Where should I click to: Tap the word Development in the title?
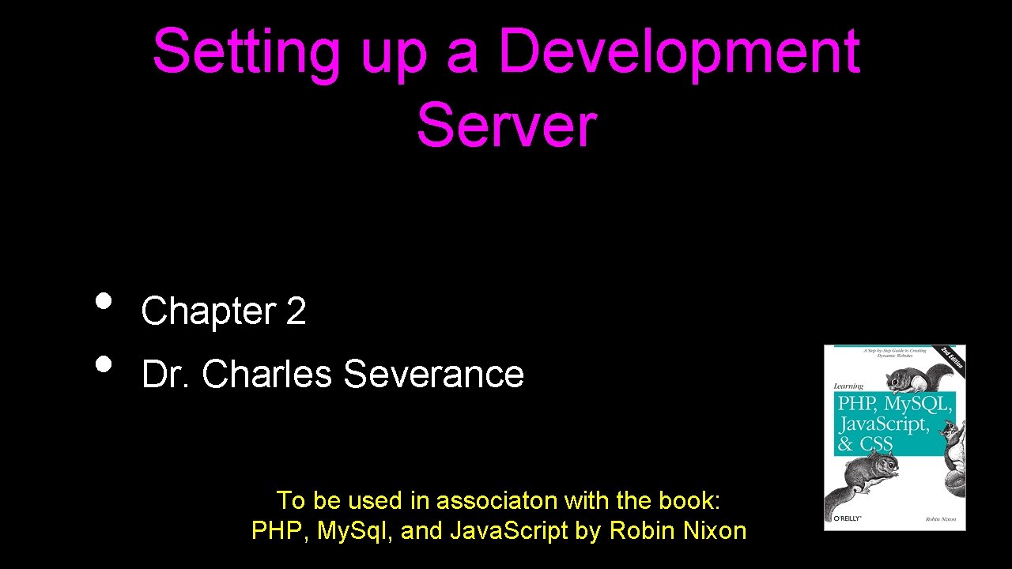678,52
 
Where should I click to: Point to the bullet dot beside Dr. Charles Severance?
102,364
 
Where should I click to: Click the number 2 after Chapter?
296,311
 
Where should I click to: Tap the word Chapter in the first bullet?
208,311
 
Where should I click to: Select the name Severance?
433,374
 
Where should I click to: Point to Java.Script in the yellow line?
508,530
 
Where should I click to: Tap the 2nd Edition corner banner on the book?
950,357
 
